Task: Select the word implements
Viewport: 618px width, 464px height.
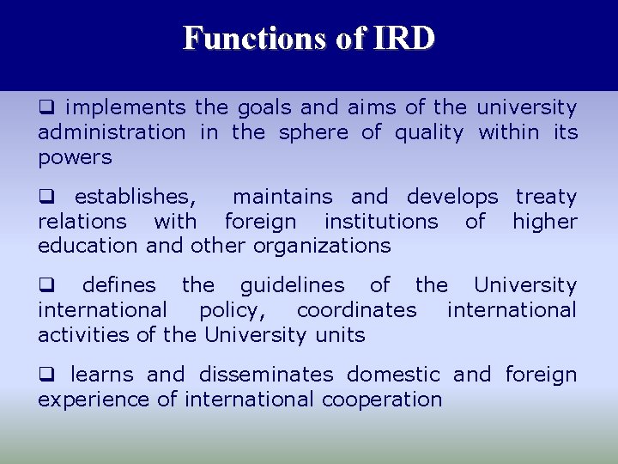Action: pos(125,107)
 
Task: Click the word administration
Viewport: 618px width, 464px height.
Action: pos(111,132)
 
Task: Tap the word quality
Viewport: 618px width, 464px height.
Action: pos(428,132)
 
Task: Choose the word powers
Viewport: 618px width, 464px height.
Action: pos(75,157)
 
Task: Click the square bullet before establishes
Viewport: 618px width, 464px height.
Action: pos(45,198)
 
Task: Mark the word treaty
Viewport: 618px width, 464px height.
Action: pos(546,197)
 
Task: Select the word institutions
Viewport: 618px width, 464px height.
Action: pos(380,222)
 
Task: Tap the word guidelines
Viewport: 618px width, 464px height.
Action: pos(292,285)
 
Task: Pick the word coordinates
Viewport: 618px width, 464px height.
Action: pos(356,309)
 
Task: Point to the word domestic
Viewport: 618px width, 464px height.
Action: pos(393,375)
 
